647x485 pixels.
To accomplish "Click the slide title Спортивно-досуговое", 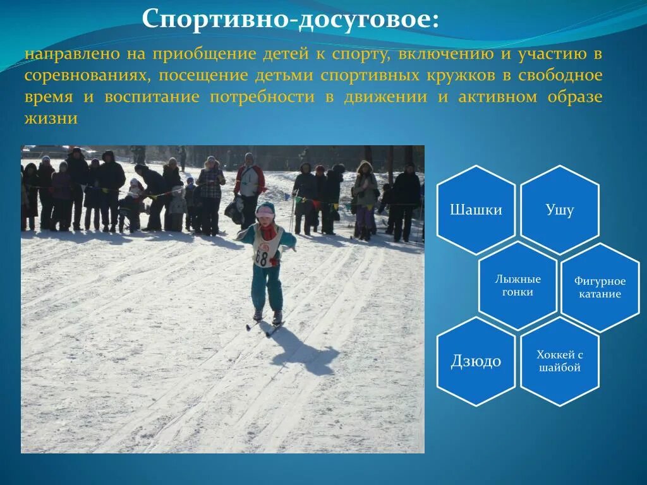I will [291, 20].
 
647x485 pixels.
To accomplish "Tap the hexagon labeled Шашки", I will [476, 210].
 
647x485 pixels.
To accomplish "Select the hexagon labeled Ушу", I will [559, 210].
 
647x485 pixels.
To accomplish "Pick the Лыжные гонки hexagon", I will [517, 285].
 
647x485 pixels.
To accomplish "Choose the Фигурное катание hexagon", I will [600, 287].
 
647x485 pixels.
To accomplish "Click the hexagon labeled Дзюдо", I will [476, 361].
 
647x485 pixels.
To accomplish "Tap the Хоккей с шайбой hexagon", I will [559, 361].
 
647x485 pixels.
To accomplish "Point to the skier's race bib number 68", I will [262, 257].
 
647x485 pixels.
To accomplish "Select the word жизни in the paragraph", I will [51, 119].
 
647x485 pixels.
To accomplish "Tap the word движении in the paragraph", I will [385, 97].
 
